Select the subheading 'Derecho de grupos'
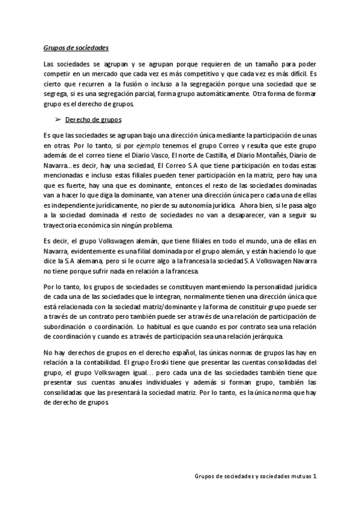[90, 119]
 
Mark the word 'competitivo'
[185, 73]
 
